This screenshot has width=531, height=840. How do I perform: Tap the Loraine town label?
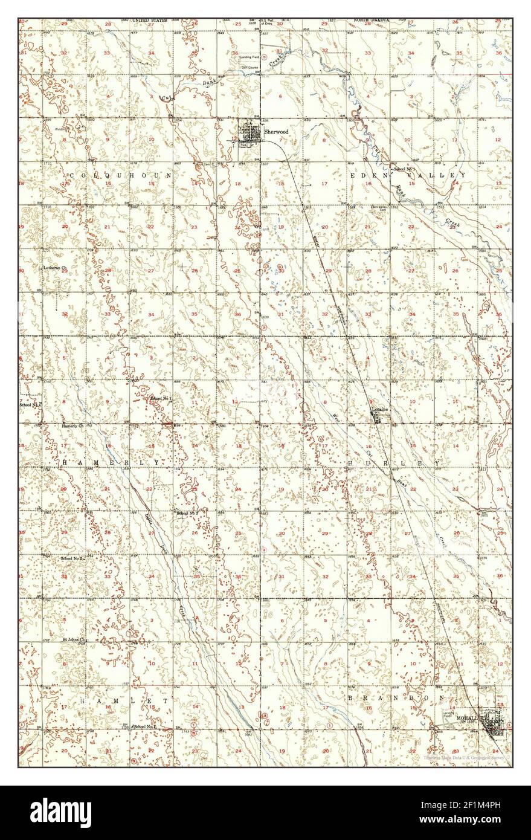click(x=379, y=408)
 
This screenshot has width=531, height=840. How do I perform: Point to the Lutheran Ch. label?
click(x=54, y=267)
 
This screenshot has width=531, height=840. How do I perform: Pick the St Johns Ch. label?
click(x=75, y=638)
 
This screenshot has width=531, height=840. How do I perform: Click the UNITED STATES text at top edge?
click(x=149, y=20)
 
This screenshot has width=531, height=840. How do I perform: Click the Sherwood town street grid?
click(x=248, y=129)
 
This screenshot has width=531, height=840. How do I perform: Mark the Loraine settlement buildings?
click(x=376, y=418)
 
